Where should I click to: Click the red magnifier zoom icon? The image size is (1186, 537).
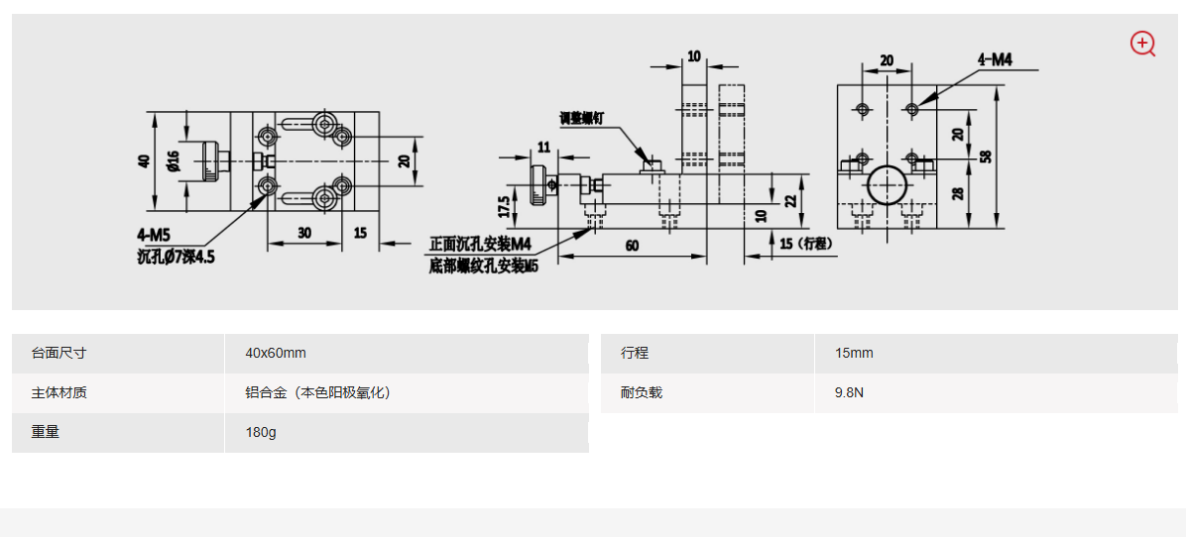coord(1142,44)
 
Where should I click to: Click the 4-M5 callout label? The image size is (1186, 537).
coord(155,235)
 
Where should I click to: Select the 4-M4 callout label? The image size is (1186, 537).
coord(995,59)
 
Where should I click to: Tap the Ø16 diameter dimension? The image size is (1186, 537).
coord(174,161)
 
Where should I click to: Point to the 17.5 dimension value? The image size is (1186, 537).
coord(505,206)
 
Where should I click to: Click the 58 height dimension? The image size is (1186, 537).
coord(985,157)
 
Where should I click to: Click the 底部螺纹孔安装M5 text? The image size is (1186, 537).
coord(483,266)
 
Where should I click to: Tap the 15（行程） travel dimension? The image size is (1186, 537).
coord(802,244)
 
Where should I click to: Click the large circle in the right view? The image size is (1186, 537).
coord(886,184)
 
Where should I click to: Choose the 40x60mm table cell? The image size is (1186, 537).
coord(276,354)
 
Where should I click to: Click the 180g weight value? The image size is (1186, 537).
coord(260,433)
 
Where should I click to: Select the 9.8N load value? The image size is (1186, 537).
coord(849,393)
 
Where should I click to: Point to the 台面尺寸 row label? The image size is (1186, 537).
coord(59,354)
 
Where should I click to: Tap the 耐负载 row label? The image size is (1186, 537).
coord(642,393)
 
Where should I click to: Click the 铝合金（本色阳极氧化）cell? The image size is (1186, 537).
coord(318,393)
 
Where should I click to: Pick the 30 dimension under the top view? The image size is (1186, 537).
coord(302,233)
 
